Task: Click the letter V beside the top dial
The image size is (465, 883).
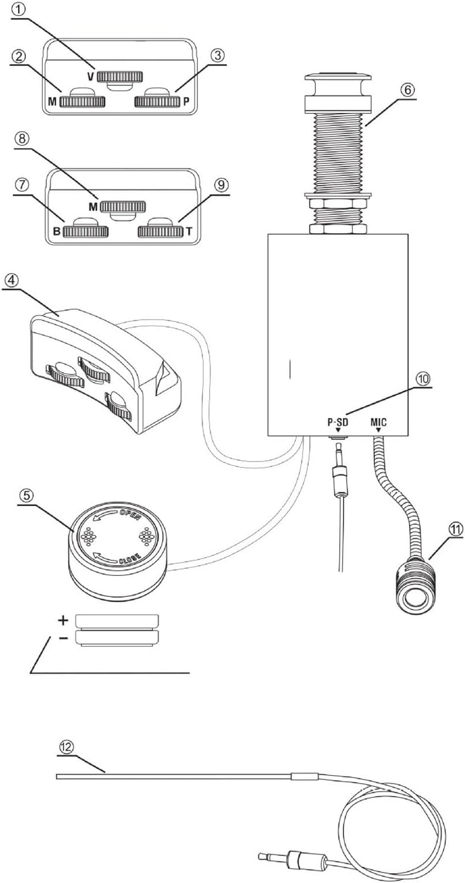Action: pyautogui.click(x=91, y=77)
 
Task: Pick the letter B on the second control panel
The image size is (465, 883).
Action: pyautogui.click(x=57, y=232)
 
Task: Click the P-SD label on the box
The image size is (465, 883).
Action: pyautogui.click(x=338, y=423)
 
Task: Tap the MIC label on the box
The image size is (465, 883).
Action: pyautogui.click(x=379, y=423)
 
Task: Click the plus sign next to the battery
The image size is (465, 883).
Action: pyautogui.click(x=63, y=620)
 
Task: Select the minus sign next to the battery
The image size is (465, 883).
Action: pyautogui.click(x=63, y=637)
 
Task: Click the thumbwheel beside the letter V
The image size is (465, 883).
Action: pyautogui.click(x=121, y=77)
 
